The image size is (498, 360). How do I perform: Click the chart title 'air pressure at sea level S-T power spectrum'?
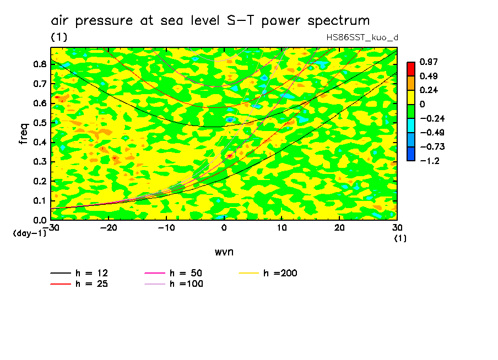(210, 21)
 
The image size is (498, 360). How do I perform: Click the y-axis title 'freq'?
(23, 134)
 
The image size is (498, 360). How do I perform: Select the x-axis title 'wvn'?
(224, 252)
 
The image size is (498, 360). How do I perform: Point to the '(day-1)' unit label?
(29, 233)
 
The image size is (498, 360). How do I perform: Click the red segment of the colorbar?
(410, 69)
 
